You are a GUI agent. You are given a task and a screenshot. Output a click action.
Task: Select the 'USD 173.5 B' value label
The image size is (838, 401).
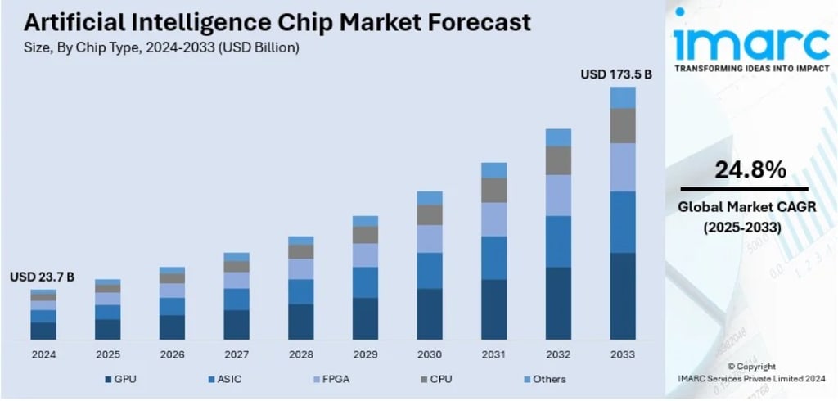pyautogui.click(x=615, y=74)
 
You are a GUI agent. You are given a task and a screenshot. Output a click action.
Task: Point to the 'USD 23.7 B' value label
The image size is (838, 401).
pyautogui.click(x=42, y=277)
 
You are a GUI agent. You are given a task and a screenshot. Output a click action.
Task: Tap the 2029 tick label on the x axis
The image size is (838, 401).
pyautogui.click(x=365, y=354)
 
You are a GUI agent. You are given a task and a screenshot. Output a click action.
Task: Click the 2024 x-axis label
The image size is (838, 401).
pyautogui.click(x=43, y=354)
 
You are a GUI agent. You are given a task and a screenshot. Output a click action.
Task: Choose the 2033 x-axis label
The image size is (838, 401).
pyautogui.click(x=623, y=354)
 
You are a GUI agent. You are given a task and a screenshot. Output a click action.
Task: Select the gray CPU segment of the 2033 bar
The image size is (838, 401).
pyautogui.click(x=623, y=126)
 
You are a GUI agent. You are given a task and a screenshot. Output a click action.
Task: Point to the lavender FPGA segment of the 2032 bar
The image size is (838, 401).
pyautogui.click(x=558, y=195)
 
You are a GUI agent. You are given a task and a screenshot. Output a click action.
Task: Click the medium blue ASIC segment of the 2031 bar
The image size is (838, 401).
pyautogui.click(x=493, y=258)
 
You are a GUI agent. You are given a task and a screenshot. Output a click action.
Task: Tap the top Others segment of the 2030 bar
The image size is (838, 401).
pyautogui.click(x=430, y=198)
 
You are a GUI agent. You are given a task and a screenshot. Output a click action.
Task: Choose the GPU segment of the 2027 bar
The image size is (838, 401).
pyautogui.click(x=237, y=325)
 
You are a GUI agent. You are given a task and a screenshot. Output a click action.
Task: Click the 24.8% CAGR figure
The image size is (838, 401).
pyautogui.click(x=750, y=170)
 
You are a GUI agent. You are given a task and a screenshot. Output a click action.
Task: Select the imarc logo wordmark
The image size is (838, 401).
pyautogui.click(x=749, y=42)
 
